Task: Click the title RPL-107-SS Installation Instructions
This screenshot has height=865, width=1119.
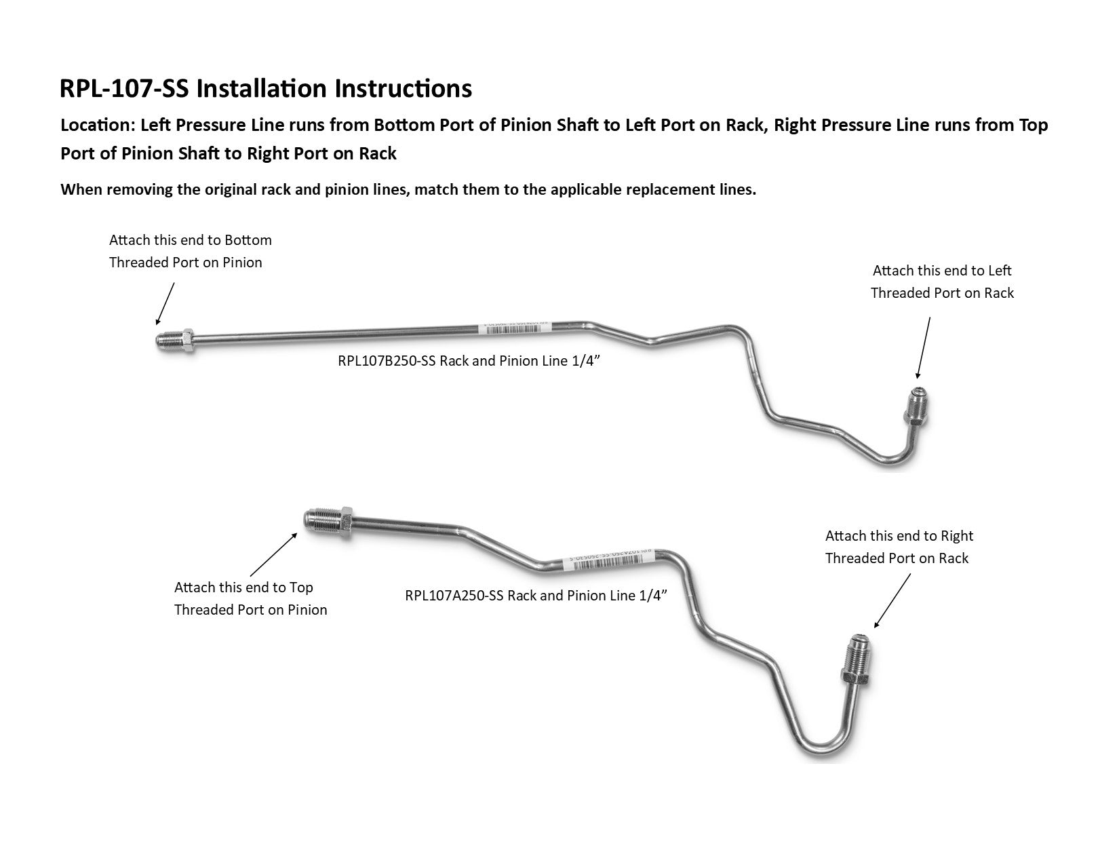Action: click(266, 89)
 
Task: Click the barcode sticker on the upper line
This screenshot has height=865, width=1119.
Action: click(513, 327)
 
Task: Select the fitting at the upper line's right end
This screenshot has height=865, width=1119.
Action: click(917, 406)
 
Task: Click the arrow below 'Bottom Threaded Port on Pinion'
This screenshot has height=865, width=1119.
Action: click(165, 303)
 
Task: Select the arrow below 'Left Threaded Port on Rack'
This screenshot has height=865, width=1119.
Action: click(925, 347)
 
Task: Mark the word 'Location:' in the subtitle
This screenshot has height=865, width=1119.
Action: click(97, 126)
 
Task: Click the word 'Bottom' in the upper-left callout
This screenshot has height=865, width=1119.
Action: click(248, 240)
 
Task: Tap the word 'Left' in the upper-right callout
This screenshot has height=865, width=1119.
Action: click(1000, 271)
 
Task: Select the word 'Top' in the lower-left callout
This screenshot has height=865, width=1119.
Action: click(301, 588)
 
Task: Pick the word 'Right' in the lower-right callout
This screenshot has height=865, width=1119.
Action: click(956, 536)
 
